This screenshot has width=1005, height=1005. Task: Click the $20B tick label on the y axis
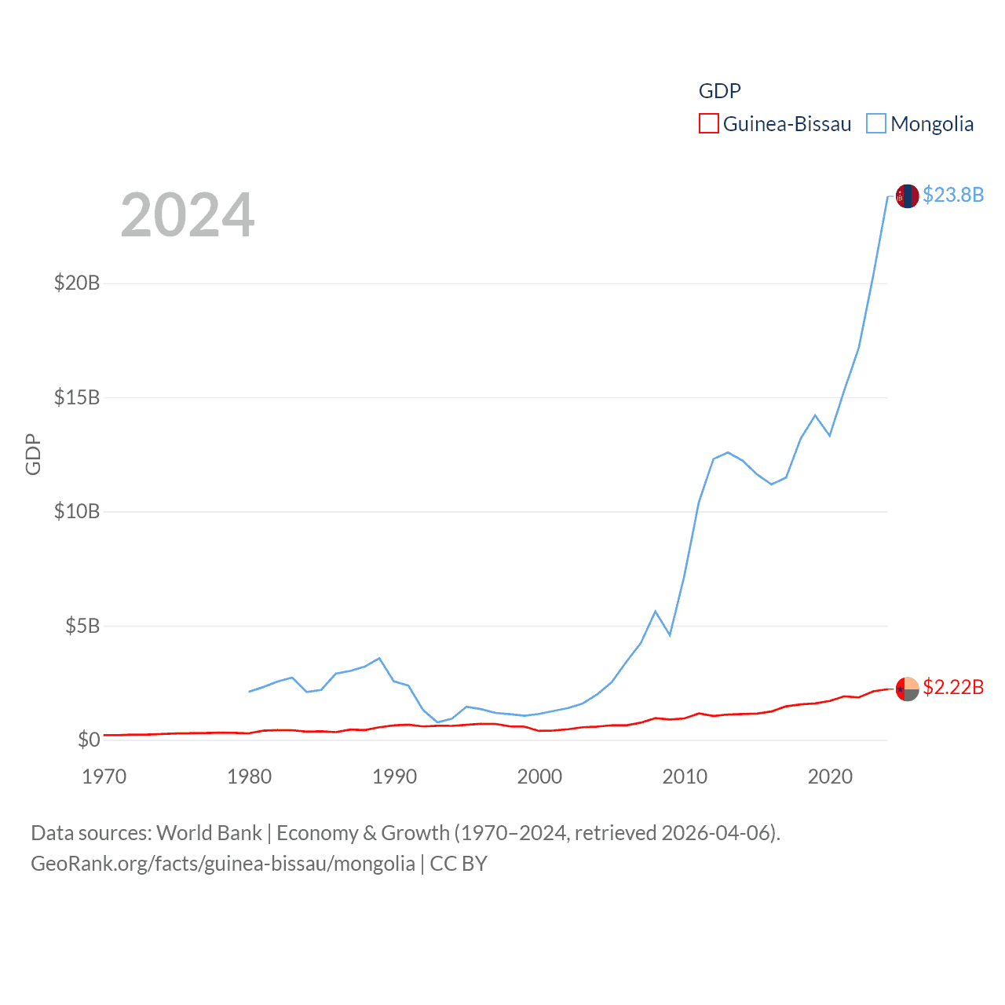pyautogui.click(x=77, y=283)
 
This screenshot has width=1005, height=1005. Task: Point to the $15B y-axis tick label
pyautogui.click(x=77, y=397)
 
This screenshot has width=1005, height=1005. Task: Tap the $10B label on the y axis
pyautogui.click(x=77, y=512)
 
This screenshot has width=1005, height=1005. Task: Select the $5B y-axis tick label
pyautogui.click(x=82, y=626)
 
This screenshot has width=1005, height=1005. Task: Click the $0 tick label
pyautogui.click(x=89, y=740)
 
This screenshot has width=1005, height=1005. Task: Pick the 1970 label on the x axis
pyautogui.click(x=104, y=777)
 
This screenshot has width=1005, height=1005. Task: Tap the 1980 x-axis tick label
pyautogui.click(x=250, y=777)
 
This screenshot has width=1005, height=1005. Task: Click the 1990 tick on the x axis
pyautogui.click(x=395, y=777)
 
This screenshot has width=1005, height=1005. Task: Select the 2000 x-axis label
pyautogui.click(x=540, y=777)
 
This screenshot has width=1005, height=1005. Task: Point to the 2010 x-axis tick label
pyautogui.click(x=685, y=777)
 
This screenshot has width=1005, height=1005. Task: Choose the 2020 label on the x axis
pyautogui.click(x=831, y=777)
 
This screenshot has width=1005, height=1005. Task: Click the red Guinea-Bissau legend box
pyautogui.click(x=708, y=124)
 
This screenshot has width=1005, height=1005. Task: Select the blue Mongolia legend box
pyautogui.click(x=876, y=124)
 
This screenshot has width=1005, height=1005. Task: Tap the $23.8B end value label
pyautogui.click(x=953, y=195)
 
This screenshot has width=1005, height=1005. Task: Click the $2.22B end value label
pyautogui.click(x=953, y=687)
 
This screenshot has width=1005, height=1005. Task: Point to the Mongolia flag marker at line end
pyautogui.click(x=908, y=196)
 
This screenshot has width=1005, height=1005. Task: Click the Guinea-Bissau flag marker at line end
pyautogui.click(x=908, y=689)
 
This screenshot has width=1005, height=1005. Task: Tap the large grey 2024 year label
pyautogui.click(x=188, y=214)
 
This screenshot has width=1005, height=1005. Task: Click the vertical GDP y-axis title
pyautogui.click(x=33, y=455)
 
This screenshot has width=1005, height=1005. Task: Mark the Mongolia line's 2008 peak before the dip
pyautogui.click(x=656, y=611)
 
